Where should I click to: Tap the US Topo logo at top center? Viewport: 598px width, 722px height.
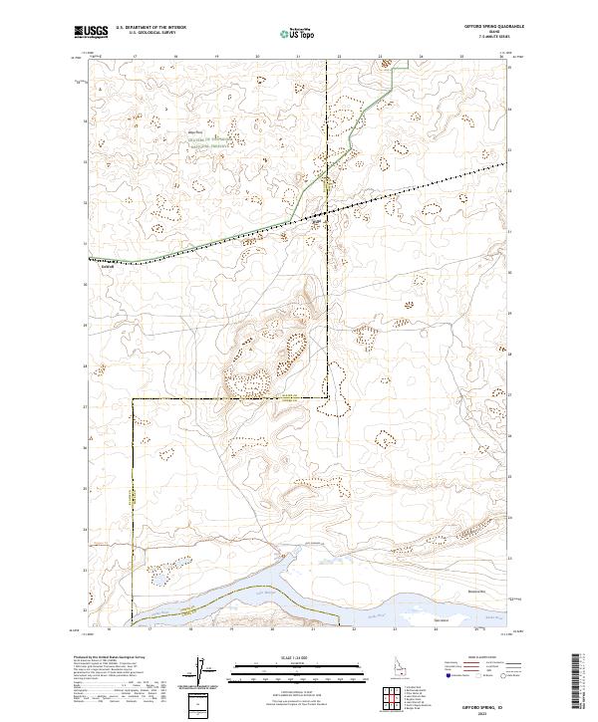tap(298, 33)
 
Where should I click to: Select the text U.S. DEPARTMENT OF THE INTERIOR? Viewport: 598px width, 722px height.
tap(150, 28)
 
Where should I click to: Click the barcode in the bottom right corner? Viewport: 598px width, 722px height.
tap(581, 682)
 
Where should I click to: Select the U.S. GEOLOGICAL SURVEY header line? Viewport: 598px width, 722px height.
tap(150, 34)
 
